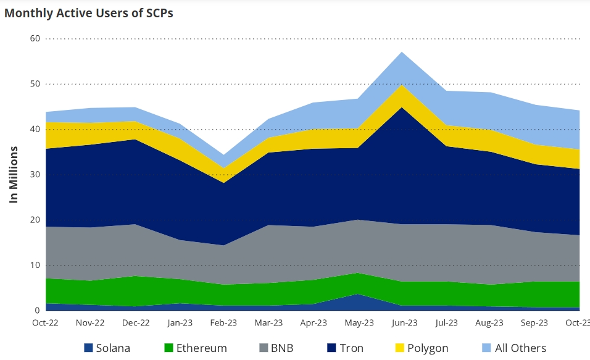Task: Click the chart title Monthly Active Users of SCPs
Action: coord(89,13)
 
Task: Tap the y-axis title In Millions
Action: coord(14,175)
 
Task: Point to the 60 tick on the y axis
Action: coord(35,38)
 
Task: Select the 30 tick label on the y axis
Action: coord(35,175)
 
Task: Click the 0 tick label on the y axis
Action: coord(37,311)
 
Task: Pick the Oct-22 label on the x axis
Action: coord(46,323)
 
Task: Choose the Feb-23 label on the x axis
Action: coord(223,323)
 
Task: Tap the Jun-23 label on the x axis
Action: coord(402,323)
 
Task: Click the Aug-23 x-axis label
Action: coord(491,323)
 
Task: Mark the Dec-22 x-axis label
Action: coord(135,323)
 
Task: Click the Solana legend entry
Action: coord(107,348)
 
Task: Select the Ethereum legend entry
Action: coord(194,348)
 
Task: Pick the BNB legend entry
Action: coord(276,348)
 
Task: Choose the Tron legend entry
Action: coord(344,348)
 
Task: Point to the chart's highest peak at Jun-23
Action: coord(402,52)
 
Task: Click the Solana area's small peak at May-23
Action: coord(357,295)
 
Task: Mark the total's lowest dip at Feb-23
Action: coord(223,155)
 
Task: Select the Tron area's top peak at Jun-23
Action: coord(402,107)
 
